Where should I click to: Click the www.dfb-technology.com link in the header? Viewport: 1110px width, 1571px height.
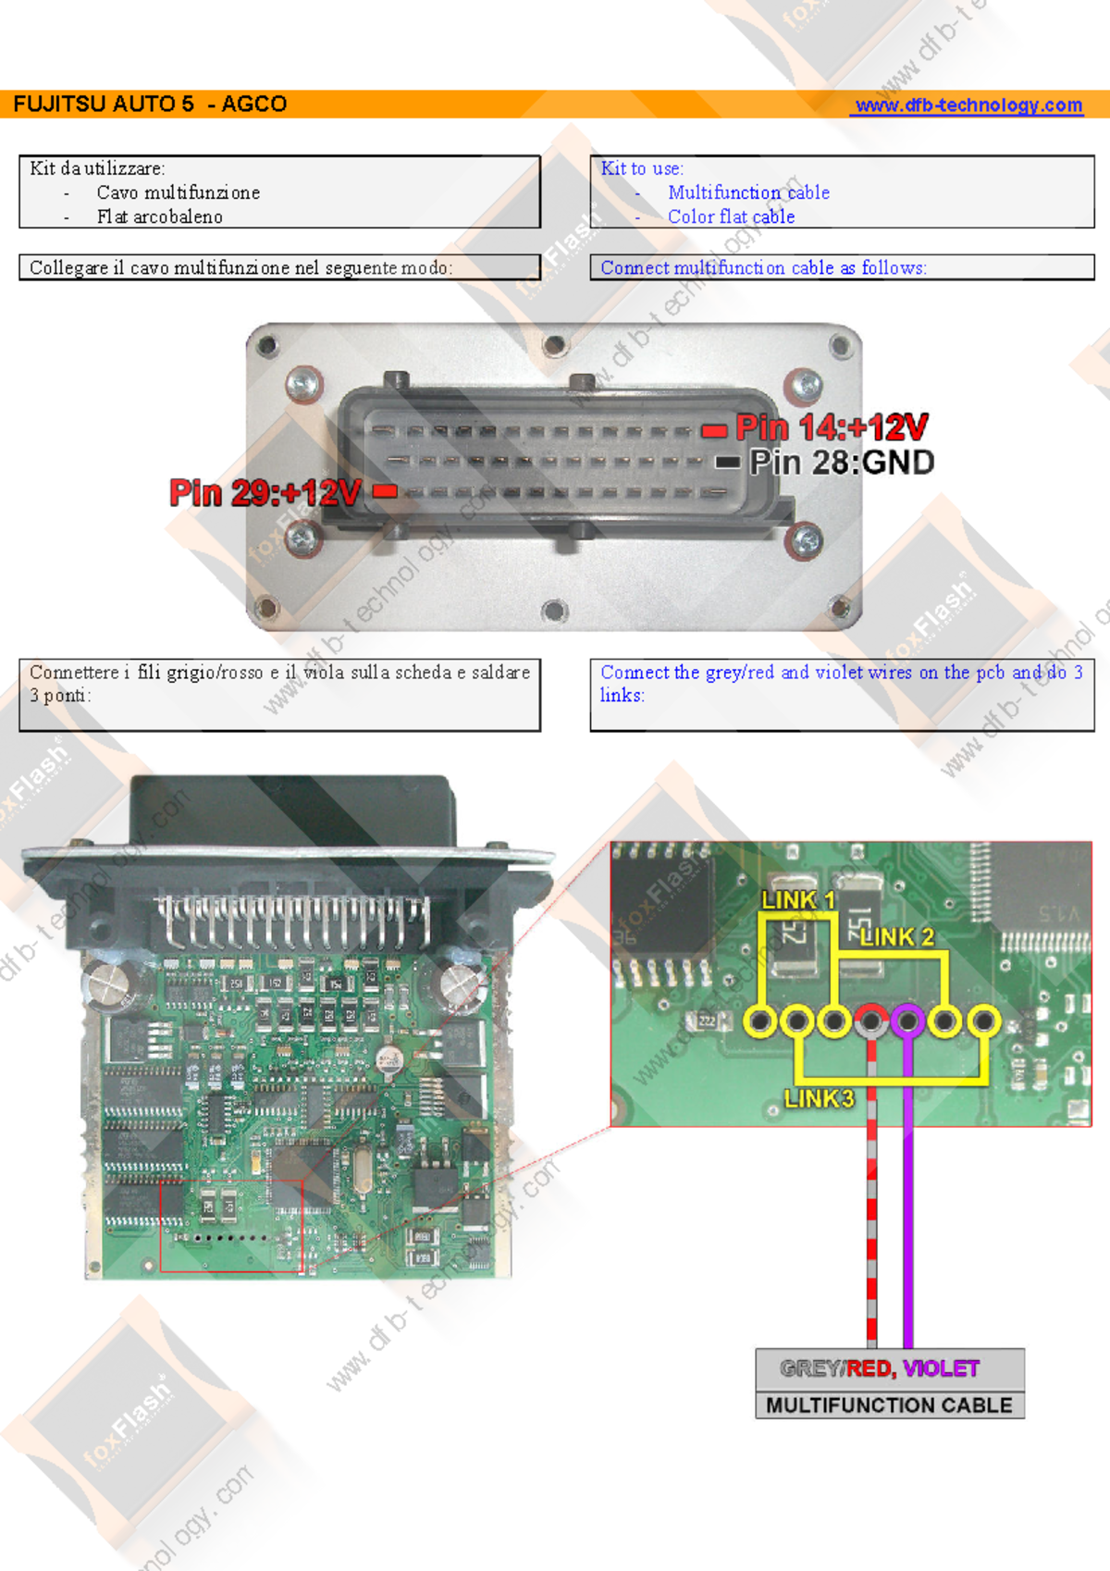(968, 105)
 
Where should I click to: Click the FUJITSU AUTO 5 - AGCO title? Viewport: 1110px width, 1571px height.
(150, 104)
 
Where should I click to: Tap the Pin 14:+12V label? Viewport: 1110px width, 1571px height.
(832, 427)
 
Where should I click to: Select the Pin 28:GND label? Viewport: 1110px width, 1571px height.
(842, 462)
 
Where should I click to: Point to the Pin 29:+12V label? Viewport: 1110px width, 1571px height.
(265, 492)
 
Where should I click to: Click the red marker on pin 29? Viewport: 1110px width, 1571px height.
(385, 491)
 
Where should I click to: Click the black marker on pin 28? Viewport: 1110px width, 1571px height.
(728, 462)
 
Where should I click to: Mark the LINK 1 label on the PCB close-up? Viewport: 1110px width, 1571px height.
(797, 899)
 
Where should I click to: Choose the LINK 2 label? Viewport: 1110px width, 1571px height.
(896, 937)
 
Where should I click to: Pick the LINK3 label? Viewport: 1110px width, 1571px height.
(819, 1098)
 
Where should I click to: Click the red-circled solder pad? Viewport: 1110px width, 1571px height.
(870, 1021)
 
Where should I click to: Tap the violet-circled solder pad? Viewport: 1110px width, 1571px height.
(907, 1021)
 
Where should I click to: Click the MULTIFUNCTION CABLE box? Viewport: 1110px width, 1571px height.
(889, 1405)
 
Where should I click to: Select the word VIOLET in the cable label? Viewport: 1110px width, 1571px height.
(941, 1368)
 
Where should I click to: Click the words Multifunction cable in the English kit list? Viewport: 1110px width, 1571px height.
(748, 192)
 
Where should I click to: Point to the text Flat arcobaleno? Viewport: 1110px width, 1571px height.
(159, 216)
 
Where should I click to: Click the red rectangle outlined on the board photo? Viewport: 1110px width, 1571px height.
(231, 1225)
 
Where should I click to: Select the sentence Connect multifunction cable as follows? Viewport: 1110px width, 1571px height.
(763, 267)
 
